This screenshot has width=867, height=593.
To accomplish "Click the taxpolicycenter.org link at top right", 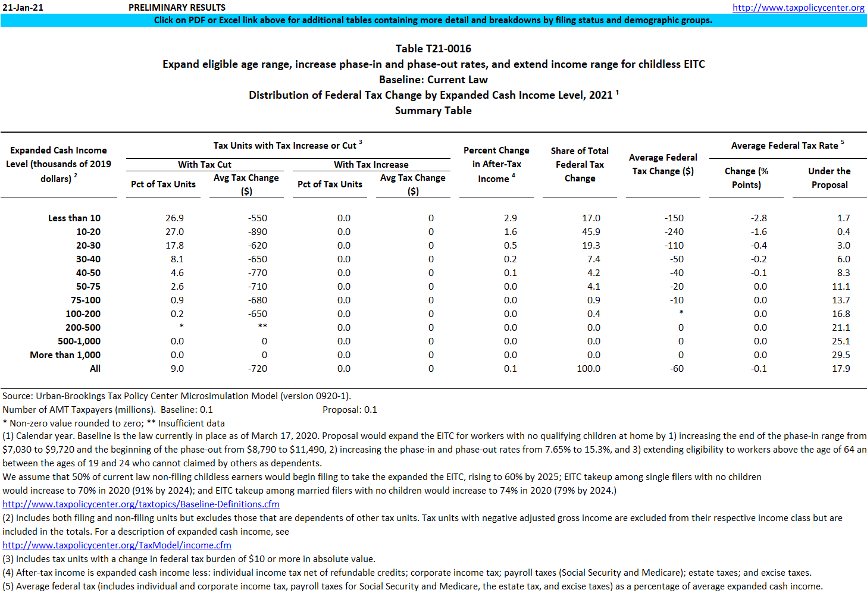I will click(798, 8).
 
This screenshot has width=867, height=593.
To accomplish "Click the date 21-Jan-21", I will click(23, 8).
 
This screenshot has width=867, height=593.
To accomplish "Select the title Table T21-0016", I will click(433, 49).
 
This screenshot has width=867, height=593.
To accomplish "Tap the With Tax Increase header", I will click(371, 165).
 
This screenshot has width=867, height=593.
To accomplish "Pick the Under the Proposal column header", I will click(829, 178).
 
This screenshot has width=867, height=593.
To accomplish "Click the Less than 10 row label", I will click(74, 218).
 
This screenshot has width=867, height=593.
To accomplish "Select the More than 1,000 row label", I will click(65, 355).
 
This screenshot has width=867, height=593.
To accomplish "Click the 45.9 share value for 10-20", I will click(591, 232).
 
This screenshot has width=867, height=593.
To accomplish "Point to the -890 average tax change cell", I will click(258, 232).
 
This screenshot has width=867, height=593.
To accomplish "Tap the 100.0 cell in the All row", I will click(589, 369).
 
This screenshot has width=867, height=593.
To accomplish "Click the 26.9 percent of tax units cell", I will click(174, 218).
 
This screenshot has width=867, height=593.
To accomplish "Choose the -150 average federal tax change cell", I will click(674, 218).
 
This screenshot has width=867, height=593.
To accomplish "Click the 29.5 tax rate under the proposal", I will click(841, 355).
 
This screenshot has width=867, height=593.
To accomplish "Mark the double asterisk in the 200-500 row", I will click(262, 327).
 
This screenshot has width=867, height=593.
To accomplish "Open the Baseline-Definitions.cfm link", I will click(141, 504).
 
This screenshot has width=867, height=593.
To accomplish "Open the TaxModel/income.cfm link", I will click(117, 545).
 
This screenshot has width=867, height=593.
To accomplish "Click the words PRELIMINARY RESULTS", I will click(177, 8).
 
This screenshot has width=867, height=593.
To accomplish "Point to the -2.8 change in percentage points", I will click(759, 218).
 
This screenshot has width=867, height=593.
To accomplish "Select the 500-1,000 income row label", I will click(79, 341).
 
